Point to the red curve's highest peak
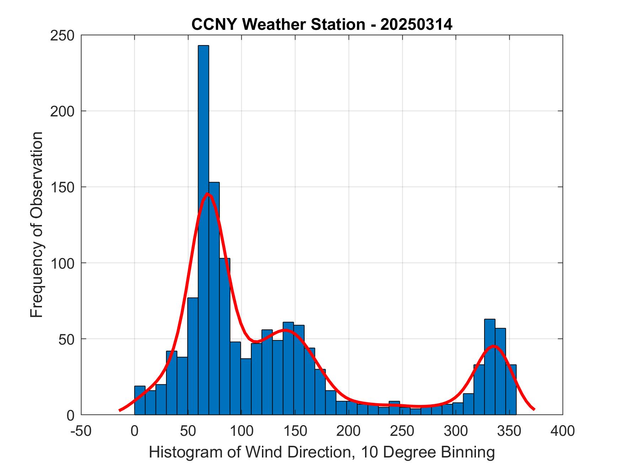tap(208, 194)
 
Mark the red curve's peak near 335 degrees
tap(493, 346)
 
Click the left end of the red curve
tap(120, 410)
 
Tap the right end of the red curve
tap(534, 409)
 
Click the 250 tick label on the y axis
tap(62, 35)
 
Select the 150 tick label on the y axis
tap(62, 187)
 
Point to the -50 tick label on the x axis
tap(81, 431)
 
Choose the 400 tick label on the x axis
tap(563, 431)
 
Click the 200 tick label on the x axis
tap(349, 431)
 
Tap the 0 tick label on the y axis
tap(70, 415)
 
